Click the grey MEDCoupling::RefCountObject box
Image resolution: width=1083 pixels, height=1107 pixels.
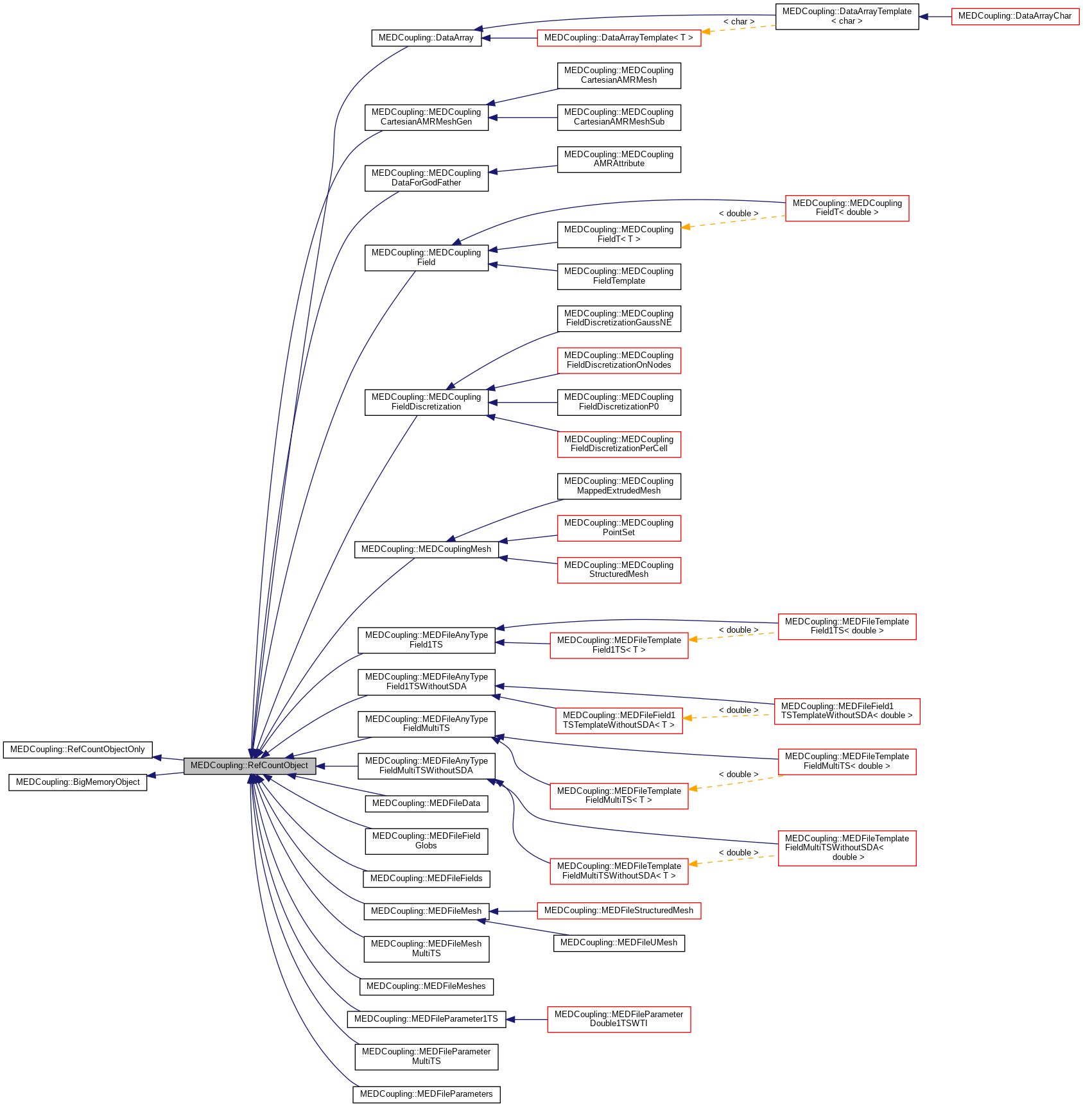pyautogui.click(x=249, y=766)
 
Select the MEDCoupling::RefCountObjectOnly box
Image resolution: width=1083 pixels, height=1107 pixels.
pyautogui.click(x=77, y=750)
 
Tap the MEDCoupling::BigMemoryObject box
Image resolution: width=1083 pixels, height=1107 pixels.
pyautogui.click(x=78, y=782)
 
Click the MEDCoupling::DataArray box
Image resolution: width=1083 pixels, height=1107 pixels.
pyautogui.click(x=426, y=38)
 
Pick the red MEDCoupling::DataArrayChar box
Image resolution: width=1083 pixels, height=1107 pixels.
pyautogui.click(x=1014, y=16)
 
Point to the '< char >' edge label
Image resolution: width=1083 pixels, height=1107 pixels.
pyautogui.click(x=738, y=22)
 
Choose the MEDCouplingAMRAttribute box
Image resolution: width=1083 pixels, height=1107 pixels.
pyautogui.click(x=618, y=159)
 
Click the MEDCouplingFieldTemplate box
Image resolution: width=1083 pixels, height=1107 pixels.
pyautogui.click(x=618, y=276)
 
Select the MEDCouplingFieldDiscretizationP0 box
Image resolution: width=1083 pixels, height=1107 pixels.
pyautogui.click(x=618, y=402)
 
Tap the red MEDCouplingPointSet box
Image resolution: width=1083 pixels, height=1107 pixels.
pyautogui.click(x=618, y=528)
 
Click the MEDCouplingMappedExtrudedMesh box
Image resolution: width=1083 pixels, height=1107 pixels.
pyautogui.click(x=618, y=486)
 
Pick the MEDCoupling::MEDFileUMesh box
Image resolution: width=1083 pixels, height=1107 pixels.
pyautogui.click(x=618, y=943)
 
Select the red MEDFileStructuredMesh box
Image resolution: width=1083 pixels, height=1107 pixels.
pyautogui.click(x=618, y=911)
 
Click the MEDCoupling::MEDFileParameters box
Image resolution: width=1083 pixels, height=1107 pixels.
pyautogui.click(x=426, y=1094)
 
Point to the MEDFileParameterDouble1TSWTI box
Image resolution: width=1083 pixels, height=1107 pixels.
pyautogui.click(x=618, y=1019)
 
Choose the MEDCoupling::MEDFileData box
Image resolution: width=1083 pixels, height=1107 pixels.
pyautogui.click(x=426, y=803)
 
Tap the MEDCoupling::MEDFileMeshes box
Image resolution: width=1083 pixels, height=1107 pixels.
pyautogui.click(x=426, y=986)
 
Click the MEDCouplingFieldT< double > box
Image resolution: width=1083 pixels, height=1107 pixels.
pyautogui.click(x=847, y=208)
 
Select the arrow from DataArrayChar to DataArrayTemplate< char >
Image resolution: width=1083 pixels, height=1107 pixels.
pyautogui.click(x=935, y=17)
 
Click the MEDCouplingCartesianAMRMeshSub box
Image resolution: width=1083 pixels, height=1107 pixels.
pyautogui.click(x=618, y=117)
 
